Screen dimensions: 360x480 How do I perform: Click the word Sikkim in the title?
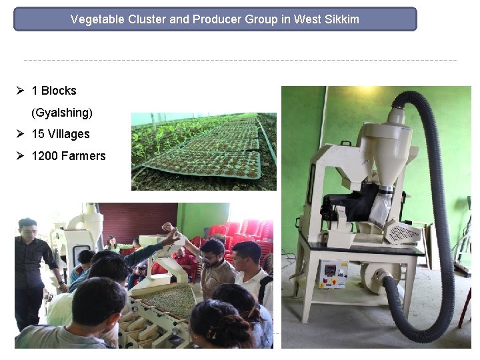(341, 19)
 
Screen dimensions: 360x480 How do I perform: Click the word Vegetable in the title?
(96, 19)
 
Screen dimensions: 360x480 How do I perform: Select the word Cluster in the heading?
(146, 19)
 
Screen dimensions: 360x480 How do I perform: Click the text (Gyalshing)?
(62, 112)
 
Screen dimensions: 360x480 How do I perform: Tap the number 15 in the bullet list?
(38, 134)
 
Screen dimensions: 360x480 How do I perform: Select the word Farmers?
(83, 156)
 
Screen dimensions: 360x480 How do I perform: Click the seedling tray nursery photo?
(203, 151)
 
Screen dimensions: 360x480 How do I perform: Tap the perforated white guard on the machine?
(405, 233)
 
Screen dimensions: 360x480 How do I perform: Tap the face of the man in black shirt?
(28, 231)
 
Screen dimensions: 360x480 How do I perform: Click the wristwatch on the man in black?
(62, 283)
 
